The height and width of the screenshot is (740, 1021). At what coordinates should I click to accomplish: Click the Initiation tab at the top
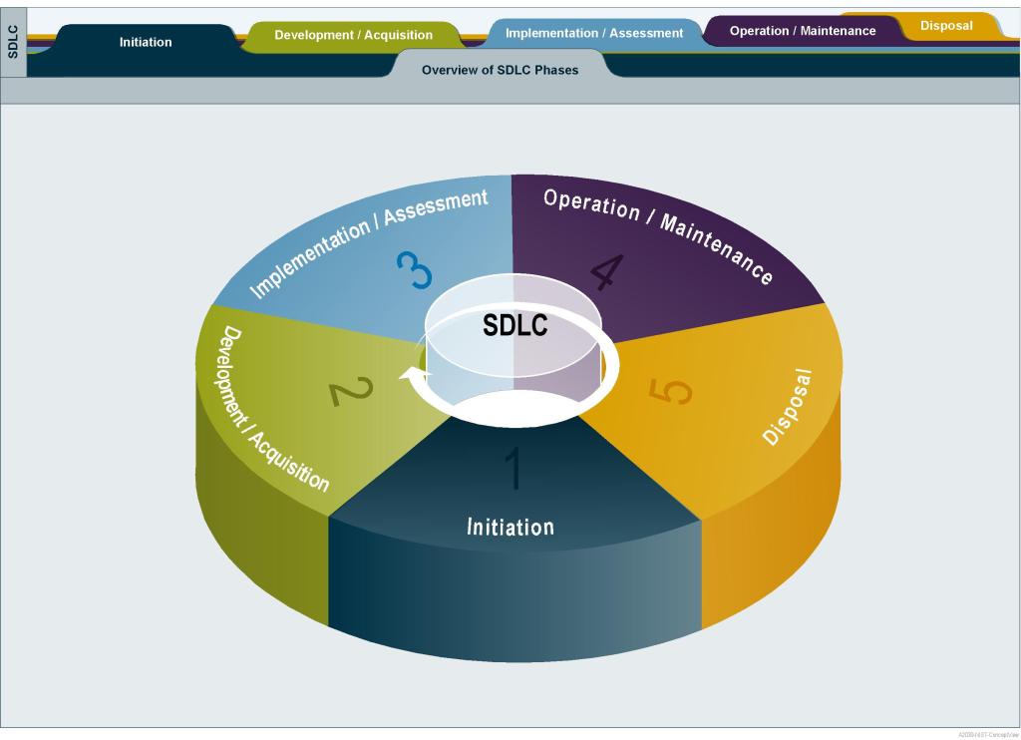pos(146,42)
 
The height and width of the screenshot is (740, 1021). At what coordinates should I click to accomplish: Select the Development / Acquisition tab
pos(353,35)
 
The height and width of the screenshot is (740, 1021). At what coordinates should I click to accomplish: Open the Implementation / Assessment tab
pos(594,33)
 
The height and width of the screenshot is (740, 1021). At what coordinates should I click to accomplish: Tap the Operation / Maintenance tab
pos(802,31)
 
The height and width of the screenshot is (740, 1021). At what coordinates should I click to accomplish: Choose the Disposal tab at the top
pos(946,26)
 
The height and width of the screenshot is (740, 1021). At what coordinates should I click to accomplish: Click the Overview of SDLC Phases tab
pos(500,70)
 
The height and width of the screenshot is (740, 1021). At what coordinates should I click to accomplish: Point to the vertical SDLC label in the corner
pos(13,42)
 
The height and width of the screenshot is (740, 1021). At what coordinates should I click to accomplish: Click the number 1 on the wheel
pos(513,469)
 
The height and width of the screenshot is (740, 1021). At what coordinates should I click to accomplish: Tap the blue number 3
pos(414,269)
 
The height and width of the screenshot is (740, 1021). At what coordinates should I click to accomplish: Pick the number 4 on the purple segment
pos(606,271)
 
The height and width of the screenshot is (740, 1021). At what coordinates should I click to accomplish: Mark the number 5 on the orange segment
pos(670,390)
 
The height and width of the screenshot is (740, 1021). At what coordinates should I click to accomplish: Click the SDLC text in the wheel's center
pos(514,326)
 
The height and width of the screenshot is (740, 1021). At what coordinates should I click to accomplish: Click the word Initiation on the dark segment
pos(510,527)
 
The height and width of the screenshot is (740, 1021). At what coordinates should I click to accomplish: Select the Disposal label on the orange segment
pos(788,407)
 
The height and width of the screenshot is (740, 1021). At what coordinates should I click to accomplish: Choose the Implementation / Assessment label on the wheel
pos(369,242)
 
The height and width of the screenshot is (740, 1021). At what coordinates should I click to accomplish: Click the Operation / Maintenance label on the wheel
pos(658,234)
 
